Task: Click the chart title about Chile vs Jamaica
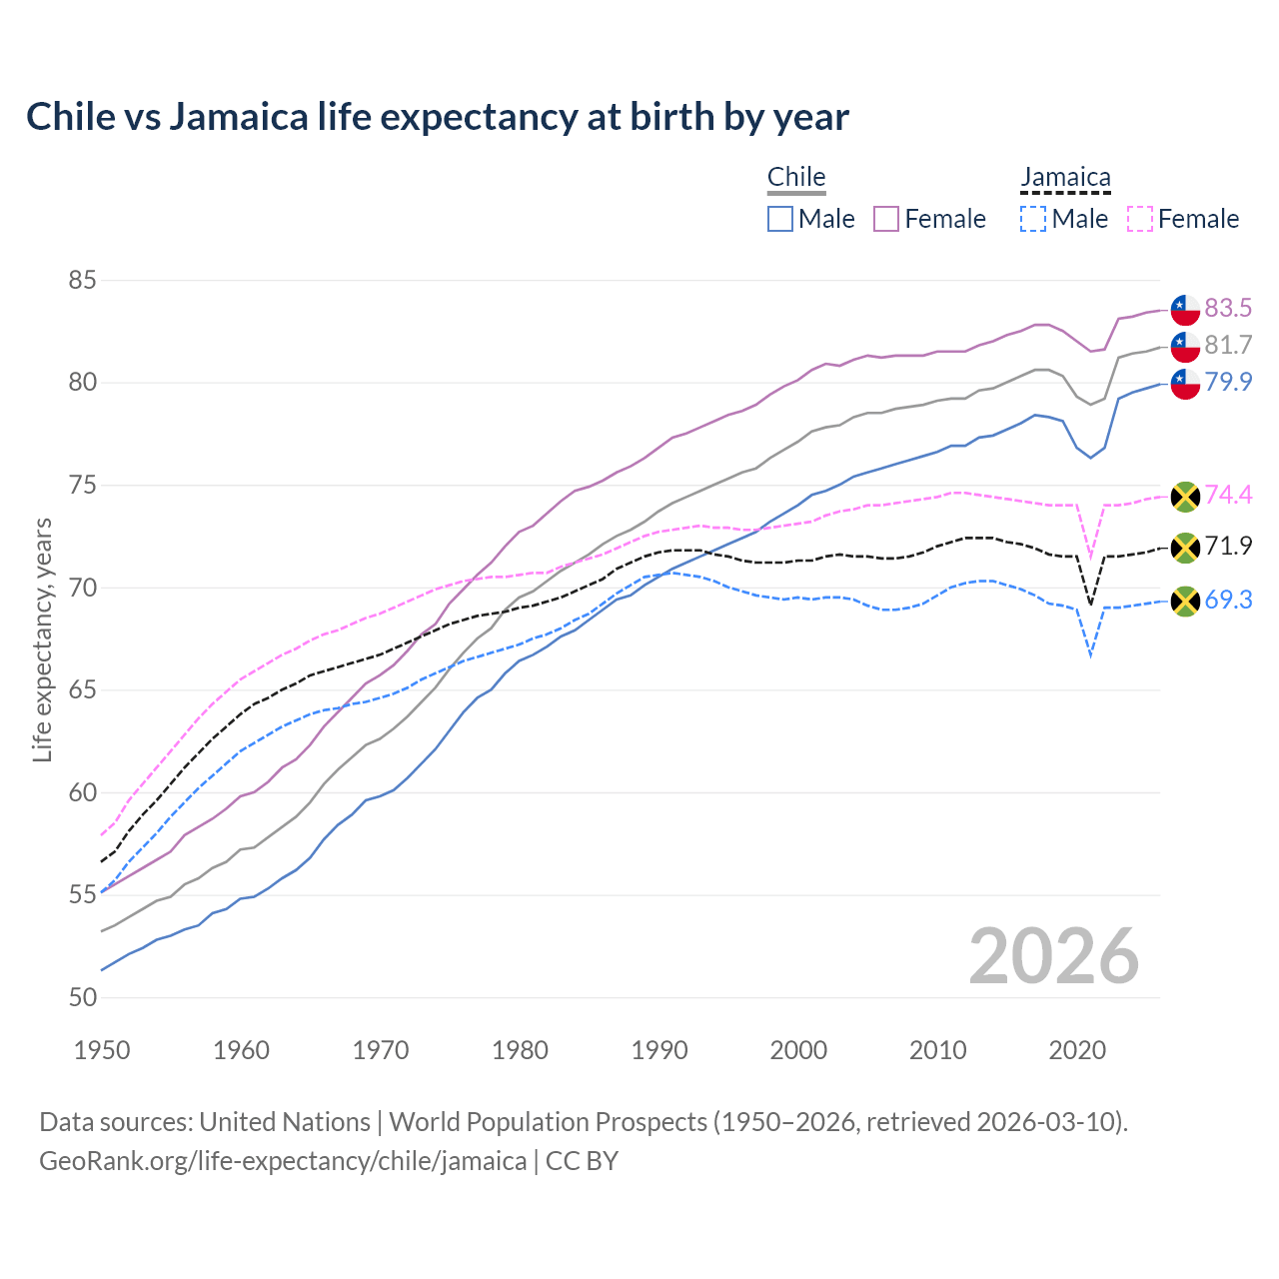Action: click(x=438, y=117)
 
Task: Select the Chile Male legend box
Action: click(x=780, y=219)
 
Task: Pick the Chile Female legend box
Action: click(x=886, y=219)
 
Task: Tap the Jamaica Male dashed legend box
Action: click(x=1033, y=219)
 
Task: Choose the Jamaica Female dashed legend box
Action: click(x=1139, y=219)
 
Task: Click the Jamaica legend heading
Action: click(x=1065, y=178)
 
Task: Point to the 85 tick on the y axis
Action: click(x=82, y=281)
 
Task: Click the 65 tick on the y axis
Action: click(x=82, y=690)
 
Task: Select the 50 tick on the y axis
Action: click(x=82, y=998)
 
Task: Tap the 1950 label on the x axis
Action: click(x=102, y=1050)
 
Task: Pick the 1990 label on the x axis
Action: click(x=659, y=1050)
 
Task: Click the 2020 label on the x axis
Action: click(x=1077, y=1050)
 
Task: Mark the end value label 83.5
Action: click(x=1228, y=308)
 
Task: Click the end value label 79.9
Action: click(x=1228, y=382)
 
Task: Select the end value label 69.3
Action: click(x=1228, y=601)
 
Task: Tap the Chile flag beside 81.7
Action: click(x=1185, y=346)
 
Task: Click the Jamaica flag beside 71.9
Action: click(x=1185, y=547)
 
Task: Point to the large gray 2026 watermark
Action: click(x=1054, y=956)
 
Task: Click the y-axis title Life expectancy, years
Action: click(x=42, y=639)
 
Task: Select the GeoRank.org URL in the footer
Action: click(x=283, y=1161)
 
